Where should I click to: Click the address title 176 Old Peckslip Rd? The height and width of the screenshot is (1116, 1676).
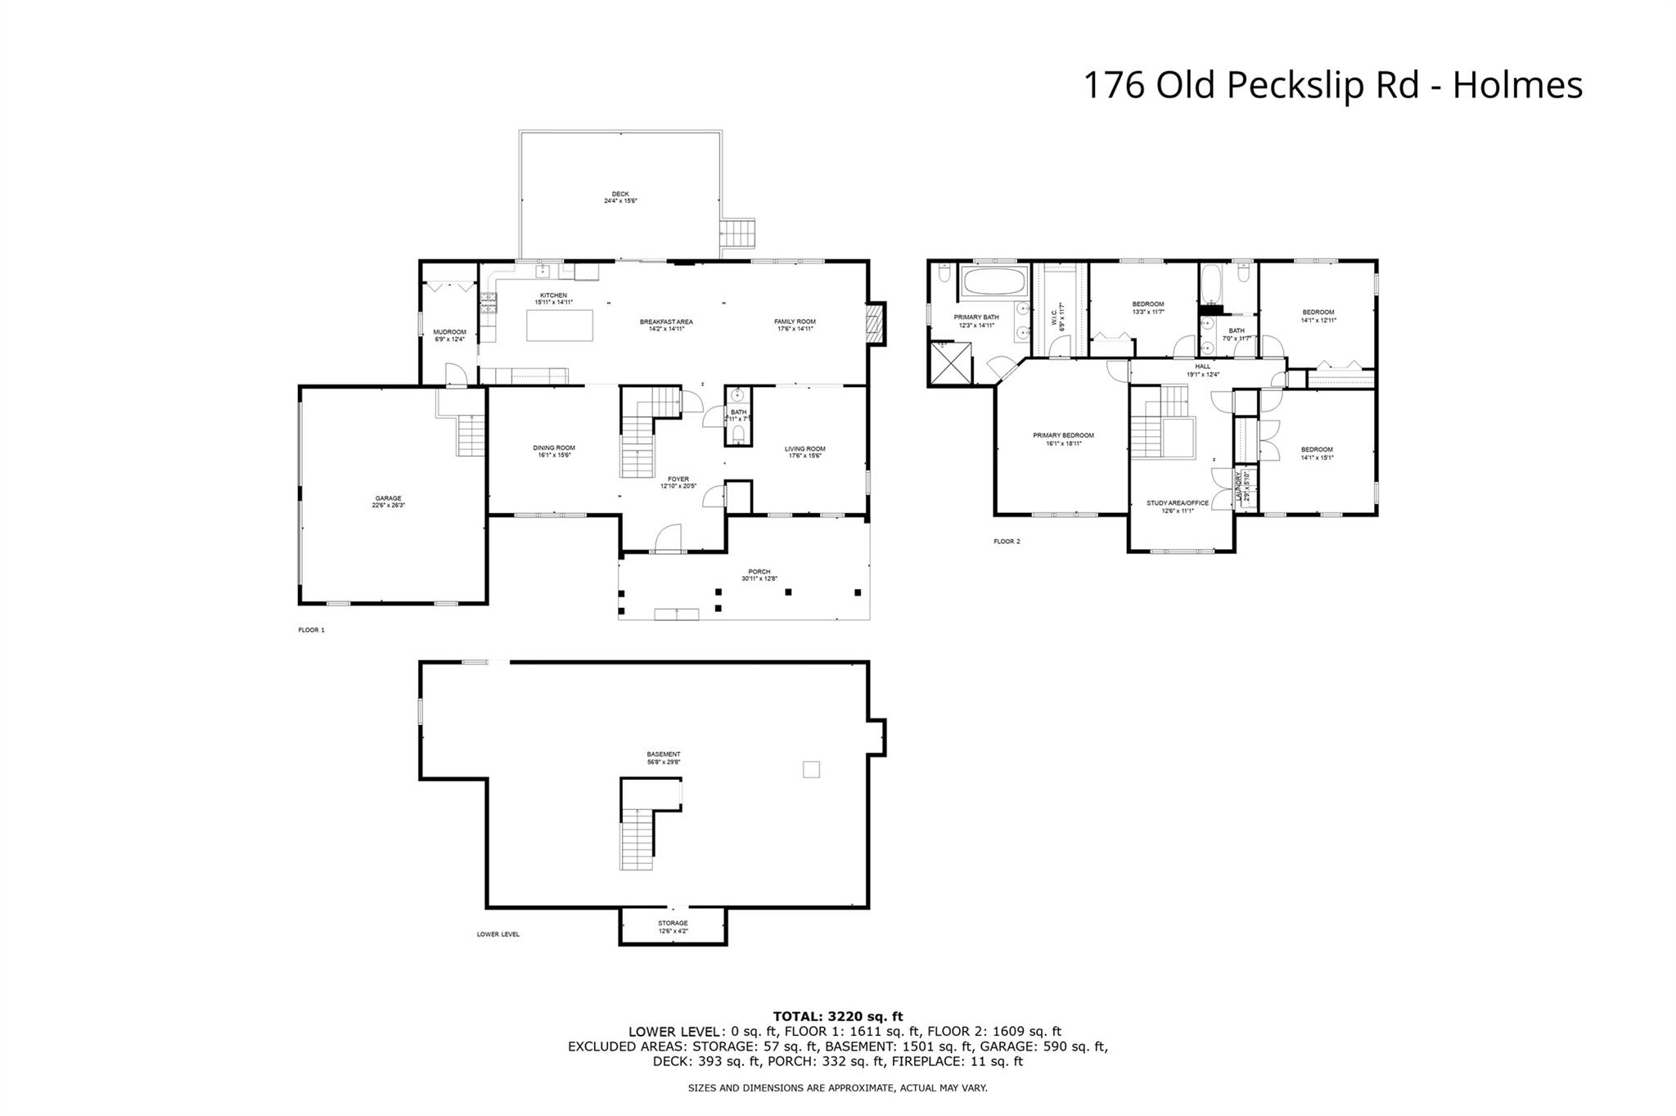point(1332,85)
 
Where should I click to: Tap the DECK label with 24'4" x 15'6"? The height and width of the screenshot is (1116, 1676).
point(620,197)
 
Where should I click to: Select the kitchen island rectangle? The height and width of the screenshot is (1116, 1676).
point(559,325)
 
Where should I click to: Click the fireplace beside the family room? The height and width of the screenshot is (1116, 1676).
point(876,323)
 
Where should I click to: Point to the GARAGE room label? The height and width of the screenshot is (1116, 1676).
point(388,502)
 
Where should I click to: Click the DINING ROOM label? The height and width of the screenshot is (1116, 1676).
point(554,451)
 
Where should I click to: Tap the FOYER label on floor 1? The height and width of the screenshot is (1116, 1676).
point(678,483)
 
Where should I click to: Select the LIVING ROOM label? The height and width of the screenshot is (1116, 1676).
point(804,452)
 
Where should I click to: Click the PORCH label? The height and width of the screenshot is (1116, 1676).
point(759,574)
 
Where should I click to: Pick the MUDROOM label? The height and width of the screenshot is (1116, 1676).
point(449,335)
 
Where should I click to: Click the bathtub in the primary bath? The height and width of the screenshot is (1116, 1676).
point(994,282)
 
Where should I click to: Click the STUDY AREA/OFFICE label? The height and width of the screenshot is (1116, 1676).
point(1177,506)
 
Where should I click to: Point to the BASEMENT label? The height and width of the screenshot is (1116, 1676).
point(663,758)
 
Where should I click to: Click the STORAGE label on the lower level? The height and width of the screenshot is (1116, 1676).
point(673,926)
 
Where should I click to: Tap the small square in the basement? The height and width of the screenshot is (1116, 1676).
point(811,769)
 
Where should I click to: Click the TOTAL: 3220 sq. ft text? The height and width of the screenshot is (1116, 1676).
point(837,1016)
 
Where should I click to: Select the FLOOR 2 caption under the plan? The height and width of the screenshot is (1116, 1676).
point(1007,542)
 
